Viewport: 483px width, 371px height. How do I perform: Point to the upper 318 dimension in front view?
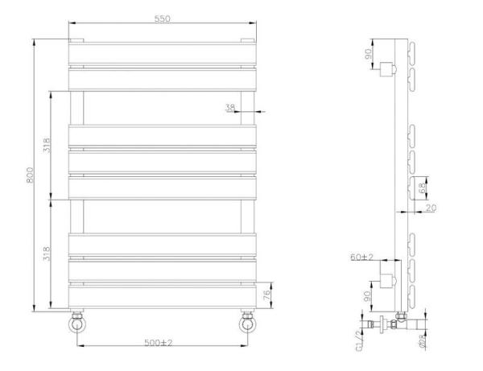pos(47,146)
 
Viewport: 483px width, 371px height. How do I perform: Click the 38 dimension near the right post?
pos(230,107)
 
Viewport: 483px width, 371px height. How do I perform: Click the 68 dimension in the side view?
pos(424,189)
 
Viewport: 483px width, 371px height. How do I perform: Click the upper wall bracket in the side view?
pos(390,68)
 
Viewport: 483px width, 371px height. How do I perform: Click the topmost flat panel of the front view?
pos(163,53)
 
